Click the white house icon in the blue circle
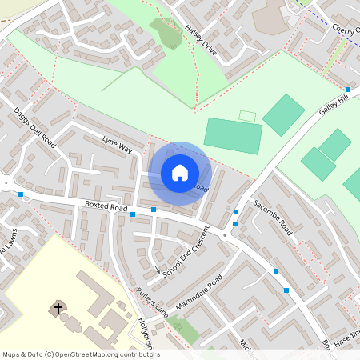coord(180,172)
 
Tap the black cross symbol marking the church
coord(58,308)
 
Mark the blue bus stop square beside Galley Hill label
coord(348,90)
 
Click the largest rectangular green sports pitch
coord(233,135)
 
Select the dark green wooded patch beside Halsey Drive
coord(166,33)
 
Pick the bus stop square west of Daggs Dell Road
coord(20,194)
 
